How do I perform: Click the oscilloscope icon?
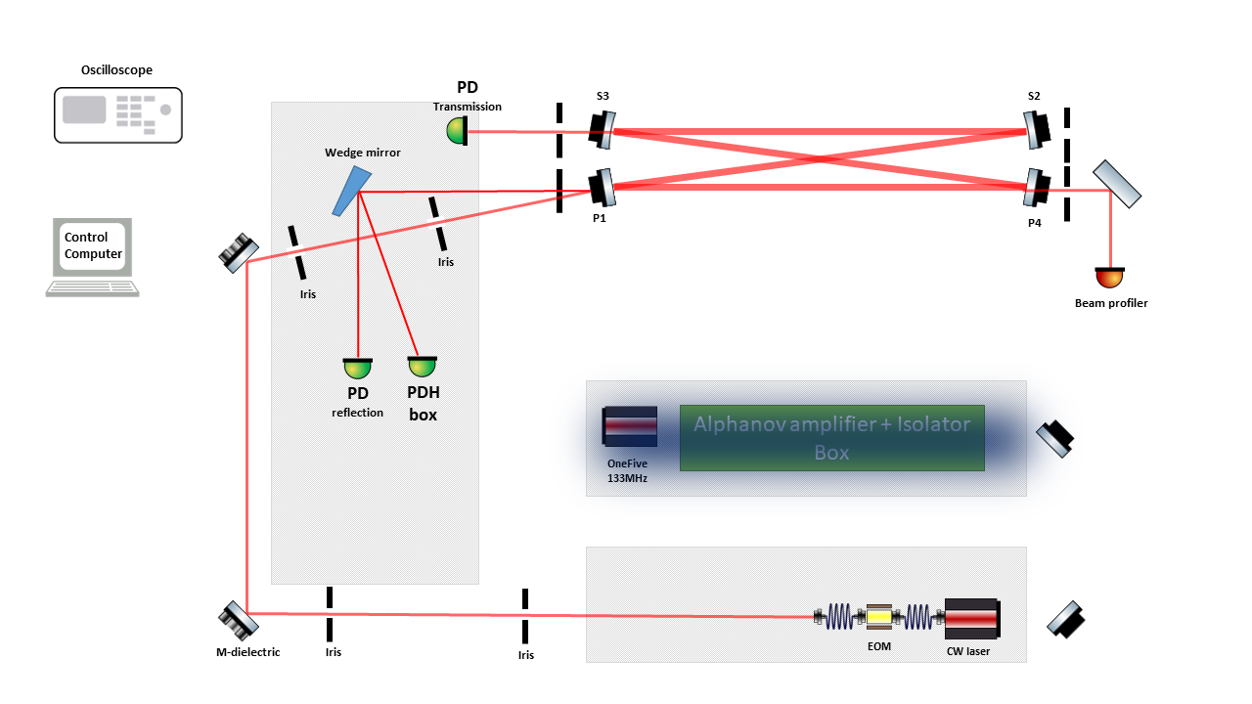coord(117,113)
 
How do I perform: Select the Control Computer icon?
coord(93,256)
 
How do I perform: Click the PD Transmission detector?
coord(457,129)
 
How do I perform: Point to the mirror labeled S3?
coord(603,130)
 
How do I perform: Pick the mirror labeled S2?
coord(1036,128)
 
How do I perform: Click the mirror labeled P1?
coord(603,187)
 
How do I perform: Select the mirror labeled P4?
coord(1036,188)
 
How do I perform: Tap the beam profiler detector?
coord(1110,278)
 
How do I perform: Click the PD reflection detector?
coord(358,369)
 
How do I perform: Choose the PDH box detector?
coord(422,367)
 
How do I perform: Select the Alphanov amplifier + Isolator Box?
coord(831,438)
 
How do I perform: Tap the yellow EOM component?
coord(878,617)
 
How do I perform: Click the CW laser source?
coord(970,617)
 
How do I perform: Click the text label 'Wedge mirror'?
coord(363,153)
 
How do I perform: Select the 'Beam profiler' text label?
coord(1111,303)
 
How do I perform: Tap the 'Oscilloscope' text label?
coord(117,70)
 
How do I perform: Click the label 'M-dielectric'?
coord(247,652)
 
